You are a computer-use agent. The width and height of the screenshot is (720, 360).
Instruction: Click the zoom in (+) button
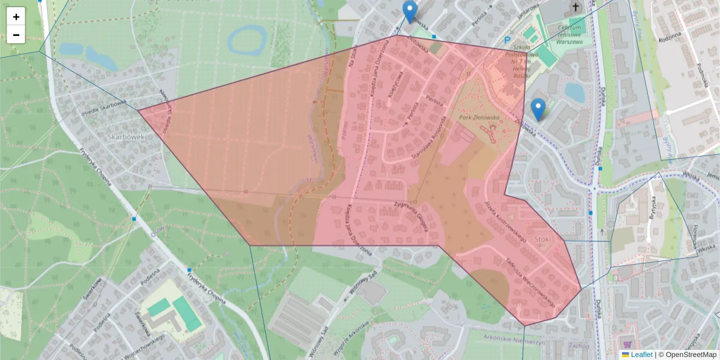pos(16,17)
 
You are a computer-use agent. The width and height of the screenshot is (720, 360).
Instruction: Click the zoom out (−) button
pos(16,35)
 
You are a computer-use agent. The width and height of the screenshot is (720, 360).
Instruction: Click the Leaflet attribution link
pos(641,355)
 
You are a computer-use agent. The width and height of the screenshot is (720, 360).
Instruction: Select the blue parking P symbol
pos(507,40)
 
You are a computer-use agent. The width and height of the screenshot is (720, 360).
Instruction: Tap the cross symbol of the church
pos(575,7)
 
